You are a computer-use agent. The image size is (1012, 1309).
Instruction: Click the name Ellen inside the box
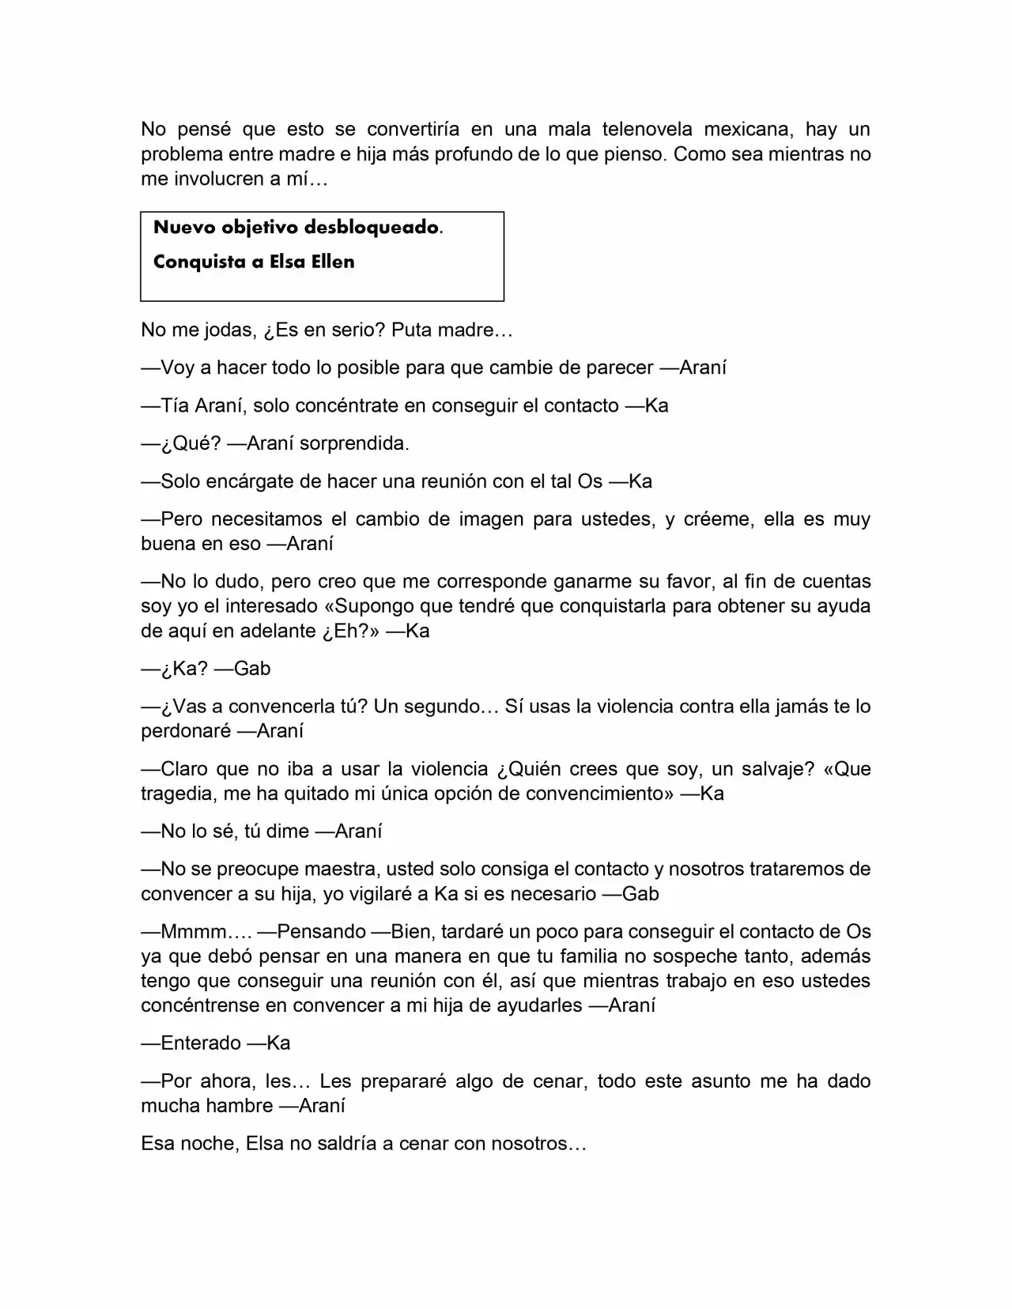point(333,262)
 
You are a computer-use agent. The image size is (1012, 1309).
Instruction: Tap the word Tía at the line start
point(173,406)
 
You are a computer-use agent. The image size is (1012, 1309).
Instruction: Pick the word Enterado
point(201,1043)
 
